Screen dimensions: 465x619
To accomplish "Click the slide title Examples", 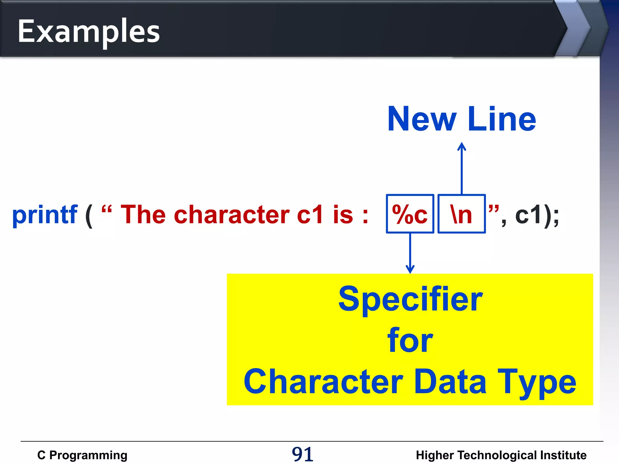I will tap(89, 31).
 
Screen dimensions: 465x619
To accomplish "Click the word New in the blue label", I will tap(422, 119).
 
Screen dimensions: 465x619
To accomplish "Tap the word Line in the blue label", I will tap(502, 119).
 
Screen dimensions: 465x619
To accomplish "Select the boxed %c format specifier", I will tap(410, 214).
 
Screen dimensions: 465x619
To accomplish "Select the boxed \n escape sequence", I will tap(461, 214).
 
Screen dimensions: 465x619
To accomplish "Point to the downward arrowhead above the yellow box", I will tap(410, 269).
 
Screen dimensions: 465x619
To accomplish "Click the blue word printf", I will tap(45, 215).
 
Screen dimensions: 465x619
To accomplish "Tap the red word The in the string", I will tap(143, 215).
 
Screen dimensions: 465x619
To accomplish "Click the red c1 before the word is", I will tap(310, 215).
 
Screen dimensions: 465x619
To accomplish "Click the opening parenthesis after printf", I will tap(89, 216).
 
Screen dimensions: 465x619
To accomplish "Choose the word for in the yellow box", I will tap(410, 341).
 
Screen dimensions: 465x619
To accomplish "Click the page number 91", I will tap(303, 454).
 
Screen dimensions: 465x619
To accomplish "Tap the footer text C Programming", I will tap(82, 455).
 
